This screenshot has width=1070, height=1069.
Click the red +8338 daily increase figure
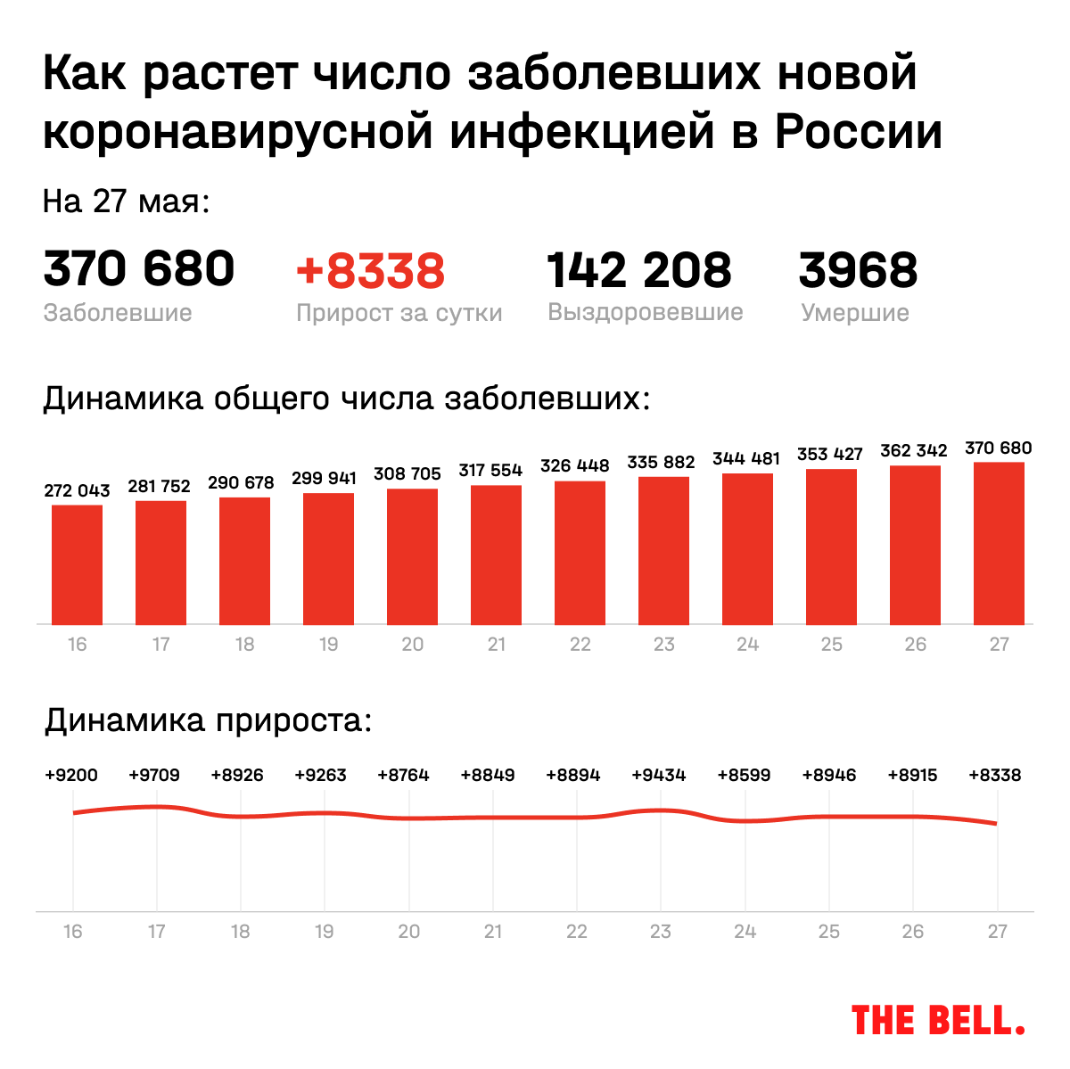point(370,271)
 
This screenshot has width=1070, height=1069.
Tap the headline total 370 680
point(139,269)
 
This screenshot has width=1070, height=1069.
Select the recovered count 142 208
point(638,270)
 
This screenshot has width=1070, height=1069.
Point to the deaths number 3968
point(858,270)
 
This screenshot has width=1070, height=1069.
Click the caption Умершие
point(855,313)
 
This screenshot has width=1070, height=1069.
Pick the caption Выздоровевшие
point(646,312)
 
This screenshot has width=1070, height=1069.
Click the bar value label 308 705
point(407,473)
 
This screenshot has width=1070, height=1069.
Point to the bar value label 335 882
point(661,462)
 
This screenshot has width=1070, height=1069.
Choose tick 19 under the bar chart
point(328,645)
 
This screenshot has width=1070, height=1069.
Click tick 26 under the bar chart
point(915,645)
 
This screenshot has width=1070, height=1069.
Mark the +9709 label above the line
point(154,775)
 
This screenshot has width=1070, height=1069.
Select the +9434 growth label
point(659,775)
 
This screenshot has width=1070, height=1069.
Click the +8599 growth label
point(744,775)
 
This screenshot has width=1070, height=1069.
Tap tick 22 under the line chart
point(577,932)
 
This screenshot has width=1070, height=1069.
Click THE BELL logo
point(938,1021)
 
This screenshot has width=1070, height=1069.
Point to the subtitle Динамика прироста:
point(208,720)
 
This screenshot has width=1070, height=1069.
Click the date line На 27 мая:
point(126,201)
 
